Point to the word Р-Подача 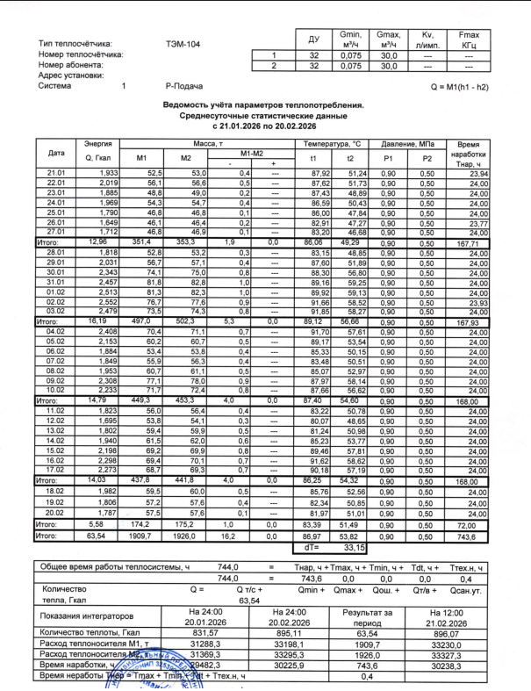pos(185,88)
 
